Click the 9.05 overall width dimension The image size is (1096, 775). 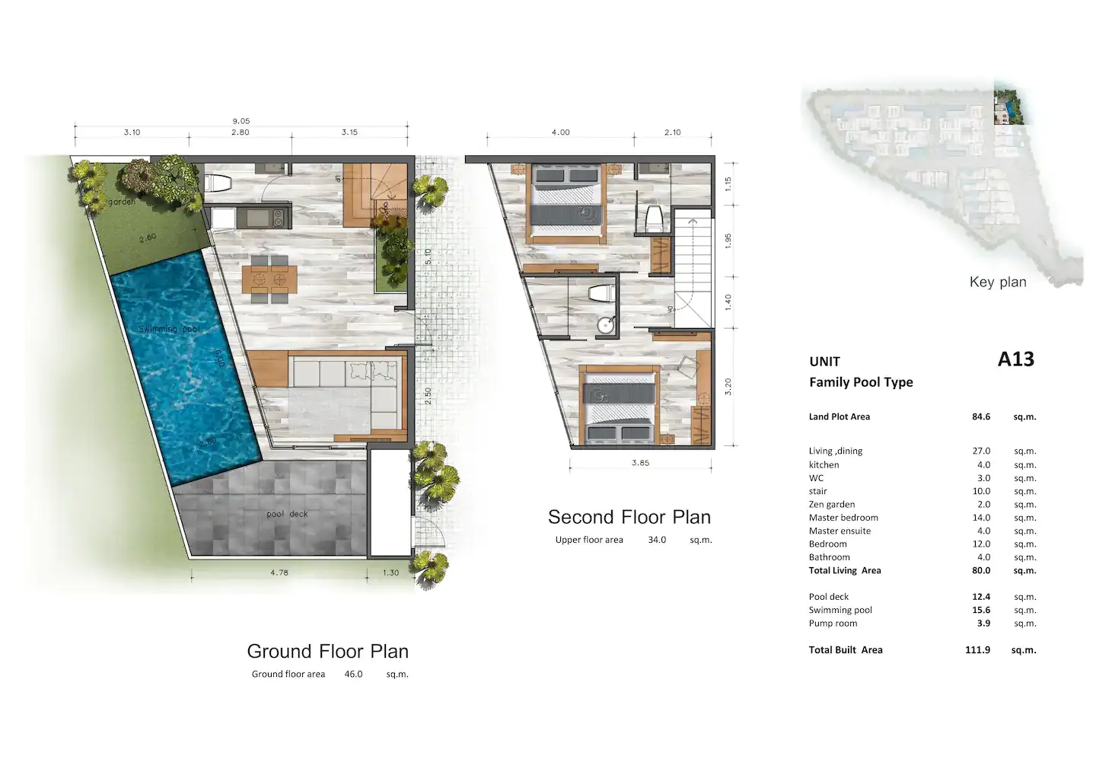point(241,121)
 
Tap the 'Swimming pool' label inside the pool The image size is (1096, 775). point(169,329)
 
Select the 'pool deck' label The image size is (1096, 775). point(287,514)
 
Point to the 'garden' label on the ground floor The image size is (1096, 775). point(121,202)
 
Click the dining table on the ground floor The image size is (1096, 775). point(269,279)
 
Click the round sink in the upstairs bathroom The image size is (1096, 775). point(605,325)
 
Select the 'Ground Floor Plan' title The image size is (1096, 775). point(327,651)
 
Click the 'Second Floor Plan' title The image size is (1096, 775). point(629,517)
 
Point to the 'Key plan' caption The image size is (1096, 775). point(997,282)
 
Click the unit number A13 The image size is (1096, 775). point(1015,359)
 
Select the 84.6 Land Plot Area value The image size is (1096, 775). point(980,416)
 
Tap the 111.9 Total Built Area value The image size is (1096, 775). point(977,650)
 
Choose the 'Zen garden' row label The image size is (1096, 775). point(831,504)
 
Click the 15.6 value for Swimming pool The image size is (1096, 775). point(980,610)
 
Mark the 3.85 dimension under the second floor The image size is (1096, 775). point(640,463)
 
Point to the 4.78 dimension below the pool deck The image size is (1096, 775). point(279,572)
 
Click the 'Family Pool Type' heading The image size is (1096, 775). point(860,382)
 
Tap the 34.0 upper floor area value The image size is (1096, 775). point(656,540)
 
